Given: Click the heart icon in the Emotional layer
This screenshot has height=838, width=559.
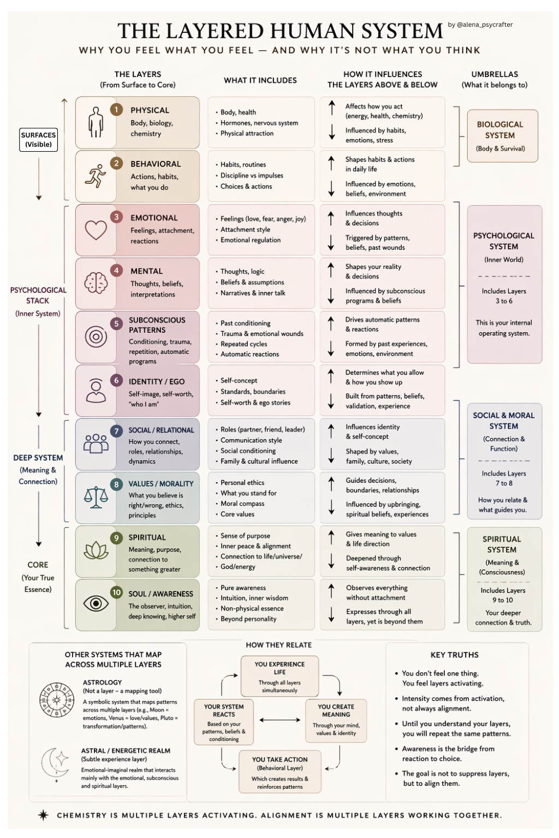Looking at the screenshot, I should [x=96, y=230].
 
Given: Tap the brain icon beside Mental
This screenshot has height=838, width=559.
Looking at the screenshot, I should [x=96, y=283].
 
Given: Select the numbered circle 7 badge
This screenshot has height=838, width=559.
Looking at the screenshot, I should [x=116, y=431].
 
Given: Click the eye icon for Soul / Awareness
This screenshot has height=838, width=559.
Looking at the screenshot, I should [x=96, y=603].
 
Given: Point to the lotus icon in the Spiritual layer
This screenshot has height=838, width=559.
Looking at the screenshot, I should [x=96, y=550].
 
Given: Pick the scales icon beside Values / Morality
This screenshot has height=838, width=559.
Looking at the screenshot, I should [x=96, y=496].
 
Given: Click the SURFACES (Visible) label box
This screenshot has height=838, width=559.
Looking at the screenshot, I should [x=38, y=140].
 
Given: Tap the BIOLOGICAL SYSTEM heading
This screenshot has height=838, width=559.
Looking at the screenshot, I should [x=500, y=130].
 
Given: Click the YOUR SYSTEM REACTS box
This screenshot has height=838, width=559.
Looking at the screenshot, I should [x=224, y=722].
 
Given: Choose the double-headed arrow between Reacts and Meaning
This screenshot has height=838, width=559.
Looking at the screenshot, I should [x=279, y=720].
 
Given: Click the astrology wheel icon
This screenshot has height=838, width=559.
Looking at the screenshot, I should [x=56, y=699].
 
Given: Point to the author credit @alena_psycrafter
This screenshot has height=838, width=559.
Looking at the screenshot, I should [x=480, y=25].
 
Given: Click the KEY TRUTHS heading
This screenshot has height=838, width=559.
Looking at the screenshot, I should [x=454, y=655].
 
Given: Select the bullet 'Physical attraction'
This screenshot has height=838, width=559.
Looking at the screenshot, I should [x=247, y=133].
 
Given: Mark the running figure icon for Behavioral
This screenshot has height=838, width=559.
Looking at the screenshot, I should [x=96, y=176].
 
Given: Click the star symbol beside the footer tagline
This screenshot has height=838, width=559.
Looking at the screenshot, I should [x=43, y=815].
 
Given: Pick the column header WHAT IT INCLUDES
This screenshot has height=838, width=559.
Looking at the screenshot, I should [x=260, y=80].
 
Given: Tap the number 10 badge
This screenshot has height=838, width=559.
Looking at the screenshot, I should [x=116, y=592].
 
